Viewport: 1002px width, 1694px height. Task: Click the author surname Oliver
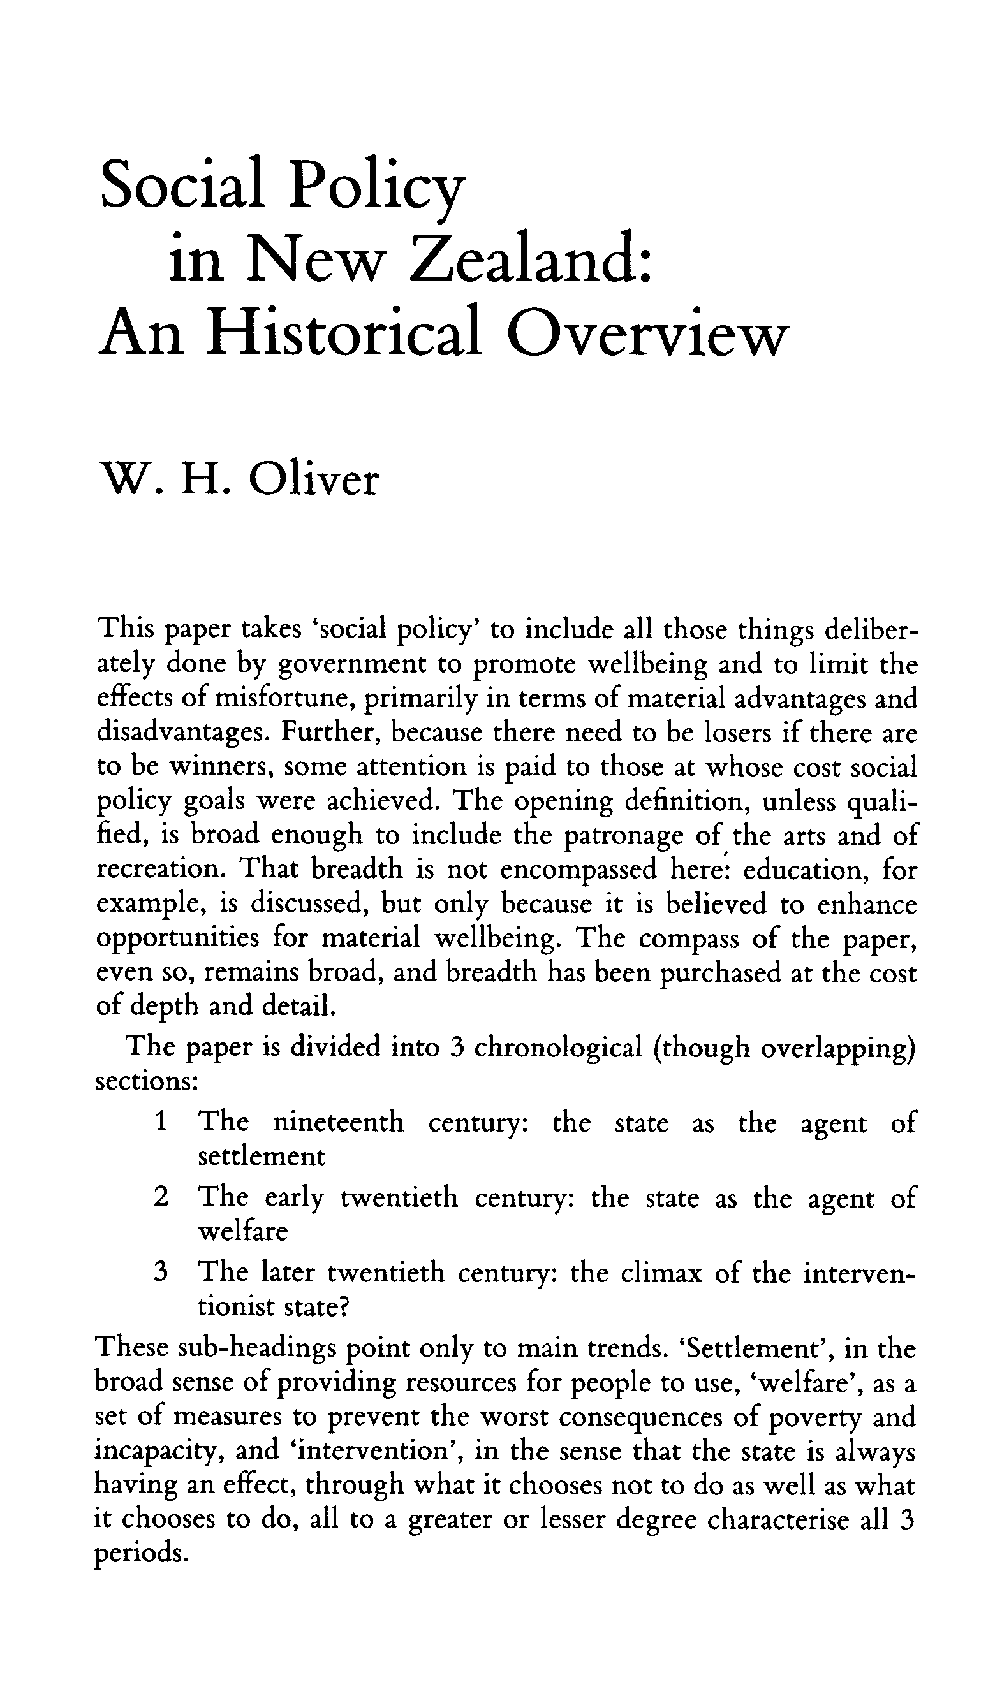tap(313, 481)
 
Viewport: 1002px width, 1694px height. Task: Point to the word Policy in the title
tap(377, 186)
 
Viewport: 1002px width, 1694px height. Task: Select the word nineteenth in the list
tap(338, 1122)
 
